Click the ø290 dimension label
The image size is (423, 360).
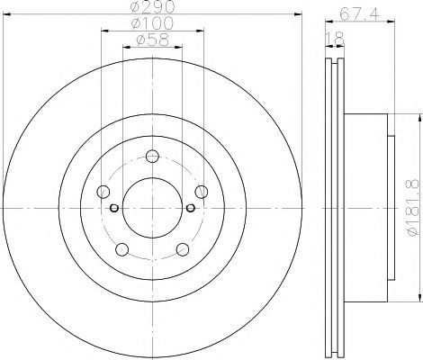[152, 6]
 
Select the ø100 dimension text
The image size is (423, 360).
[152, 23]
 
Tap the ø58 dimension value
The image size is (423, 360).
[152, 40]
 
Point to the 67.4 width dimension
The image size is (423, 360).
[360, 13]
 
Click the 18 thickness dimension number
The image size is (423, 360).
[335, 38]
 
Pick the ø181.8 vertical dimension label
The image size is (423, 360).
[412, 208]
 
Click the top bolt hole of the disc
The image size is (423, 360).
[152, 156]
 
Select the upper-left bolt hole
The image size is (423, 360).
[103, 192]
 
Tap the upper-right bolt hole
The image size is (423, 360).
[202, 192]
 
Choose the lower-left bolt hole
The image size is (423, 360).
[122, 249]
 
